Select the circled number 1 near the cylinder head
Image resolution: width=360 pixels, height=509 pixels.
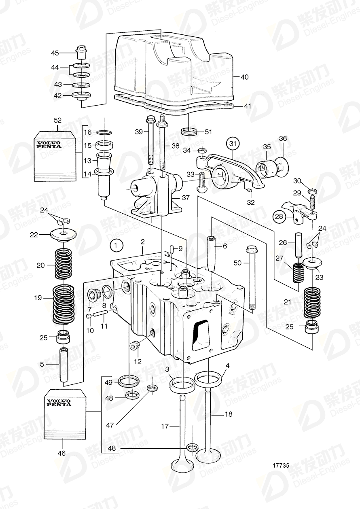coord(116,245)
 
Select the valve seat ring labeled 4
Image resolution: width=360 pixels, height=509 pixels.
coord(209,379)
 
